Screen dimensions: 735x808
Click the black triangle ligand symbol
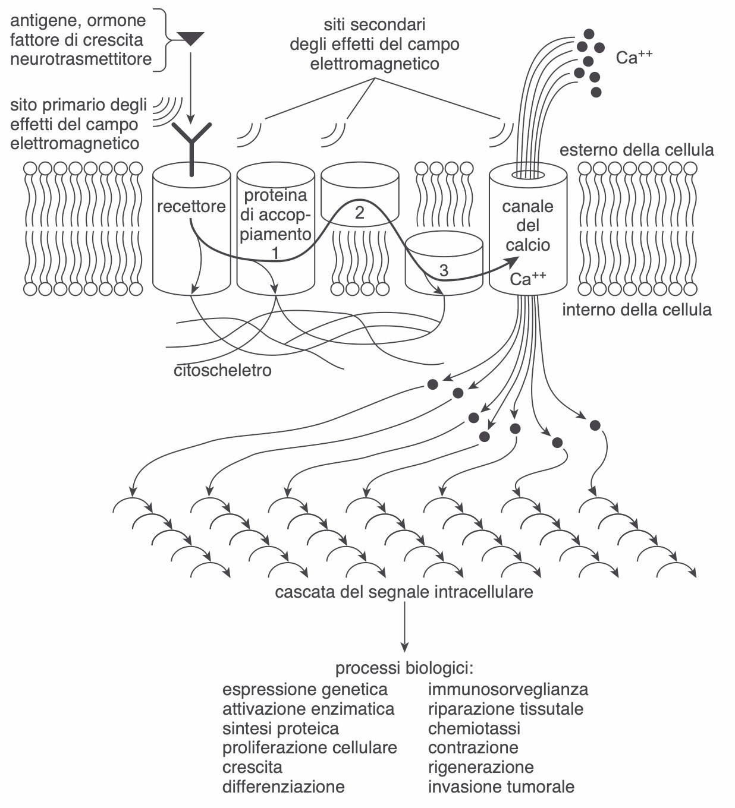pos(190,38)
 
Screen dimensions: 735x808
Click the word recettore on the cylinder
pos(191,206)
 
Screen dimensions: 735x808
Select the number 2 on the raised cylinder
pos(360,213)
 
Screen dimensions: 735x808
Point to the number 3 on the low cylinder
pos(444,270)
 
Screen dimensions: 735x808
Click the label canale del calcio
pos(528,226)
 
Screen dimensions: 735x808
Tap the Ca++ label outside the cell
pos(634,57)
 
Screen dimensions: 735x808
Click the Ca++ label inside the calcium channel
pos(528,278)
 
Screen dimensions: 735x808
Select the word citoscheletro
pos(222,370)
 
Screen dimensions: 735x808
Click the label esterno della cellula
pos(637,150)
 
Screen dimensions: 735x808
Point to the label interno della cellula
pos(637,310)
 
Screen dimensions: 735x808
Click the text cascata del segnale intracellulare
pos(404,592)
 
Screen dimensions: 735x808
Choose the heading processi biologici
pos(404,668)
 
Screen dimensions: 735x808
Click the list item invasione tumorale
pos(501,787)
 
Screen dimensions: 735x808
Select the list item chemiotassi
pos(474,728)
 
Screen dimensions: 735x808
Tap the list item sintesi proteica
pos(281,728)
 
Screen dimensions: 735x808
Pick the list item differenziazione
pos(284,787)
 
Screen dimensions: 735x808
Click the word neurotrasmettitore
pos(81,59)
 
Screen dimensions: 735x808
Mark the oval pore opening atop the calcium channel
pos(528,175)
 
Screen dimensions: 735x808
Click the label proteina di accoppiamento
pos(275,215)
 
